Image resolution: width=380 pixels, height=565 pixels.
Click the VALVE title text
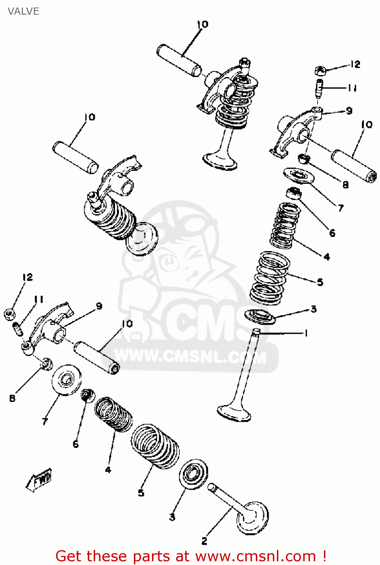pyautogui.click(x=23, y=11)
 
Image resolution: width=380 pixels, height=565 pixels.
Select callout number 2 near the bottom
pyautogui.click(x=204, y=541)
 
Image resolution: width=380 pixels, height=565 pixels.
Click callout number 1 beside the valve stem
pyautogui.click(x=306, y=333)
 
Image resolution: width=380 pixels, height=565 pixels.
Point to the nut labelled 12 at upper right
pyautogui.click(x=320, y=70)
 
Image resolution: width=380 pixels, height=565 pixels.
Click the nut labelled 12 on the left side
pyautogui.click(x=9, y=313)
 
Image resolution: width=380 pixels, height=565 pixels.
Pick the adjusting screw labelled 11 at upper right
pyautogui.click(x=319, y=88)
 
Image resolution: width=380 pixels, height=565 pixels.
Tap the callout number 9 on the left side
pyautogui.click(x=99, y=306)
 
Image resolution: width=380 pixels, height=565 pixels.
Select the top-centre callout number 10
pyautogui.click(x=202, y=24)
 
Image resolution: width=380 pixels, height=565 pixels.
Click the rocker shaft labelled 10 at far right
pyautogui.click(x=354, y=166)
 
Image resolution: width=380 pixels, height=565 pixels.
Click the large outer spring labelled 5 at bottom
pyautogui.click(x=155, y=446)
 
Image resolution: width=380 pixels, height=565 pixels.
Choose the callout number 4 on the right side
pyautogui.click(x=327, y=257)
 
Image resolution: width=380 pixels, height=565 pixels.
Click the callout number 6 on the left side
pyautogui.click(x=76, y=444)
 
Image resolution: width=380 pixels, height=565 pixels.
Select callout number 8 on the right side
pyautogui.click(x=345, y=185)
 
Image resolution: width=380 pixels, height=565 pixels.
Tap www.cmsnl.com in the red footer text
pyautogui.click(x=255, y=556)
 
